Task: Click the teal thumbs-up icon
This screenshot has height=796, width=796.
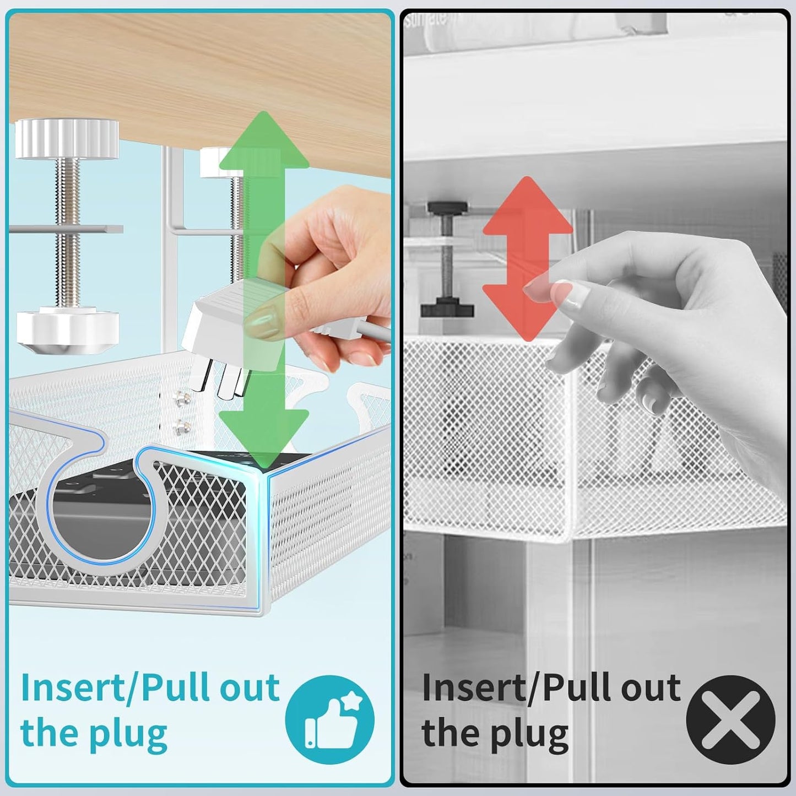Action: click(329, 719)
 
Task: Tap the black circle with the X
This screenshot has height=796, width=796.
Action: click(730, 719)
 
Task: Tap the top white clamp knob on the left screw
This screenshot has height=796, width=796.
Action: click(67, 138)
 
